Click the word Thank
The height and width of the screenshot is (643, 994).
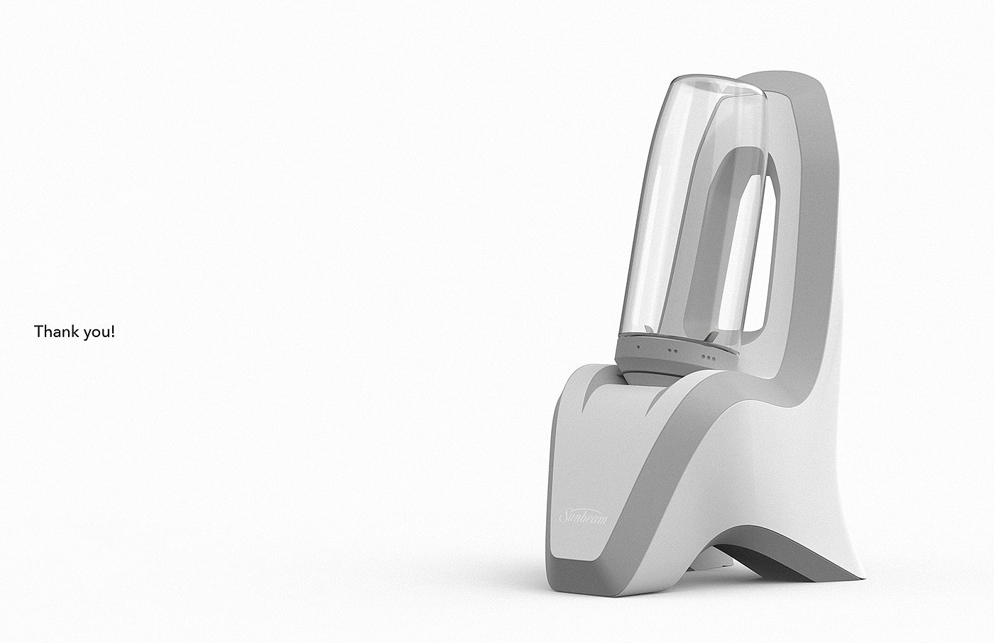coord(55,331)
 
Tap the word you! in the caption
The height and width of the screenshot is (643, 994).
coord(99,333)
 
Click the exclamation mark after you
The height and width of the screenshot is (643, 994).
coord(113,331)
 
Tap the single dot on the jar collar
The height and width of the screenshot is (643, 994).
coord(638,347)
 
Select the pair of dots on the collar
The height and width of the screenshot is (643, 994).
coord(672,351)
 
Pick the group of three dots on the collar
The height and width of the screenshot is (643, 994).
coord(709,356)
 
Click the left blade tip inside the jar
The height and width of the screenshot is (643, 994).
coord(648,329)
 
